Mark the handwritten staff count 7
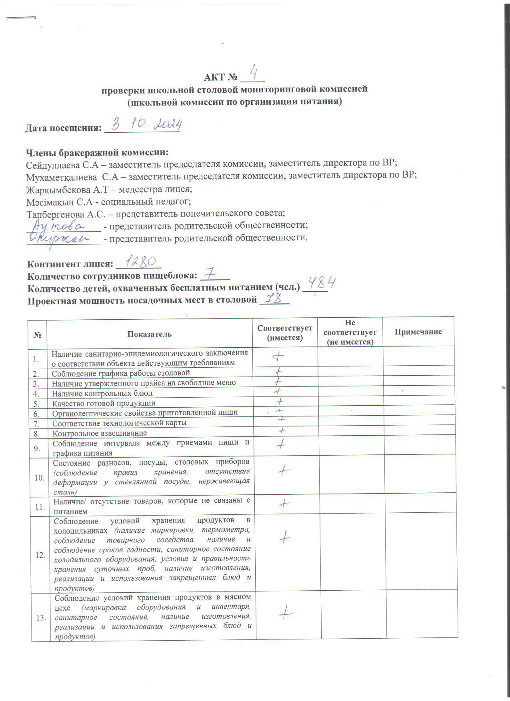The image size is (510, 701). tap(210, 274)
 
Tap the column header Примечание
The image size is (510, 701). tap(418, 332)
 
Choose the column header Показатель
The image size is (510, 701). tap(149, 334)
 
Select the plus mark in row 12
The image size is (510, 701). tap(284, 537)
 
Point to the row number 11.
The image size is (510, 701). tap(40, 507)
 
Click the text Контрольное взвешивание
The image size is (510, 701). tap(100, 433)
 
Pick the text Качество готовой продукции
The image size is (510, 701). tap(104, 403)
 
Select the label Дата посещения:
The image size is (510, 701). tap(63, 128)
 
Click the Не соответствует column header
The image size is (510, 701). tap(350, 332)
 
